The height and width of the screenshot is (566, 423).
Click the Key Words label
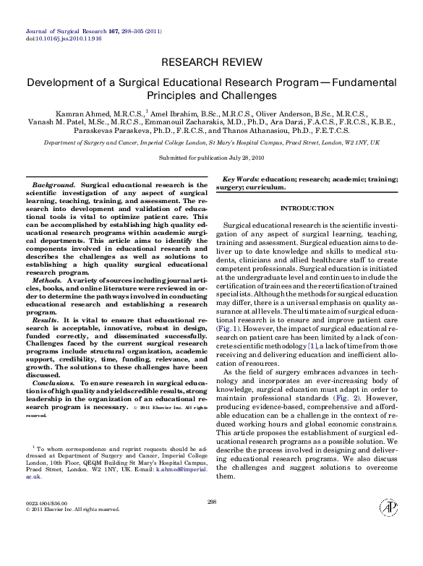pos(241,179)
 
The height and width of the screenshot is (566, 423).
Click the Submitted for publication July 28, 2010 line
pos(211,157)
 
